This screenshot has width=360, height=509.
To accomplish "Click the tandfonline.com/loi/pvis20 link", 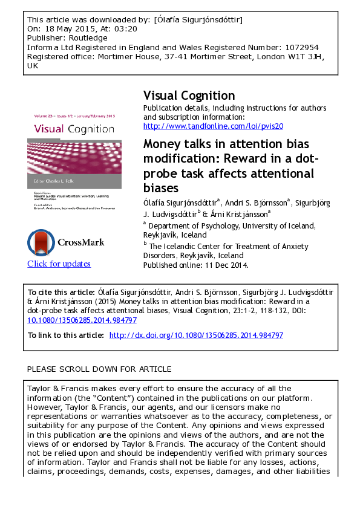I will [x=213, y=126].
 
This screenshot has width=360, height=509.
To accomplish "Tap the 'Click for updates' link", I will [x=59, y=264].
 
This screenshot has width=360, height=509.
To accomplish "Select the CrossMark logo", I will [x=65, y=242].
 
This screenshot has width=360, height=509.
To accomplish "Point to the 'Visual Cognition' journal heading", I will [x=189, y=96].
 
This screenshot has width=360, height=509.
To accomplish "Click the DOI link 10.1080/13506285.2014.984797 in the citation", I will [x=82, y=320].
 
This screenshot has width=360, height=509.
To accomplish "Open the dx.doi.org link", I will [x=196, y=335].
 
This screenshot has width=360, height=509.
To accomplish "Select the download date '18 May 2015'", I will [x=64, y=29].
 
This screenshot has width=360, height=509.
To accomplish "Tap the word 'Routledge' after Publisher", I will [x=85, y=38].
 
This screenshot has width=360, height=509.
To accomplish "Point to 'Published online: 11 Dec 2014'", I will [x=195, y=264].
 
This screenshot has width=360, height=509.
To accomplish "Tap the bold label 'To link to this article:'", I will [x=66, y=335].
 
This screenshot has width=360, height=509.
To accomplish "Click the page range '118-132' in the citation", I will [x=257, y=311].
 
